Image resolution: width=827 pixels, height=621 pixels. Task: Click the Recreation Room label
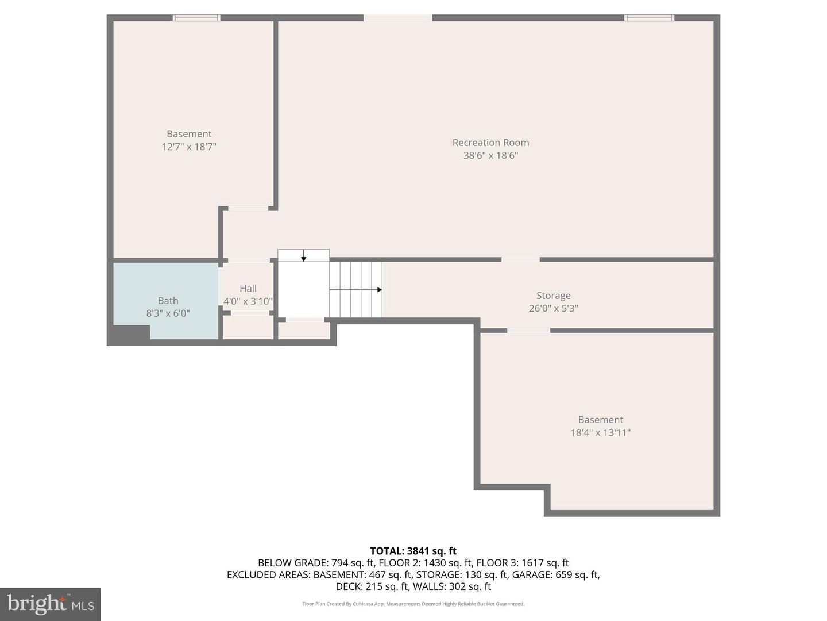(x=490, y=143)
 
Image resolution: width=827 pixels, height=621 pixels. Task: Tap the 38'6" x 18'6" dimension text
(x=490, y=155)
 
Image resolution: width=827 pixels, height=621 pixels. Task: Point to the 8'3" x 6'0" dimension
(x=168, y=313)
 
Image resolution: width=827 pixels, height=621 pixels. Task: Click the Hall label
(x=248, y=289)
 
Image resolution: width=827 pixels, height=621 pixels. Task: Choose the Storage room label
(x=553, y=296)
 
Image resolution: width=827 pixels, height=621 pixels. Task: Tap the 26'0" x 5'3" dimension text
(x=553, y=308)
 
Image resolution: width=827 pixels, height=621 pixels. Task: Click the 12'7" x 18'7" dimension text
(x=189, y=147)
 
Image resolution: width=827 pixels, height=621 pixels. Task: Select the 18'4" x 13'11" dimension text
(x=600, y=432)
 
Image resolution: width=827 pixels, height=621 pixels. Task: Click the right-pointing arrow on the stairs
(x=378, y=290)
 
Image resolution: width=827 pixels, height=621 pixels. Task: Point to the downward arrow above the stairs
(x=304, y=258)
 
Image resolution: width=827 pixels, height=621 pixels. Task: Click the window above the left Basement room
(x=196, y=18)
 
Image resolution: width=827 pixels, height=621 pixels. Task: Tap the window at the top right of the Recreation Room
(x=649, y=18)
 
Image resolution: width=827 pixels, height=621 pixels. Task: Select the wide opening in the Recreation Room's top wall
(x=397, y=18)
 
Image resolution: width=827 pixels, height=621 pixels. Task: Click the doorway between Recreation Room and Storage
(x=520, y=260)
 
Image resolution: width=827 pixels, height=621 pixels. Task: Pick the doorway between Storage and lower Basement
(x=528, y=331)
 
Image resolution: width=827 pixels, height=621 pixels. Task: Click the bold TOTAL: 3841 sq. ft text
(x=413, y=551)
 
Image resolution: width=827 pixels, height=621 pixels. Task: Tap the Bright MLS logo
(x=51, y=604)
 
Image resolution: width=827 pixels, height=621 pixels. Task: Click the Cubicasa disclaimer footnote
(x=413, y=604)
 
